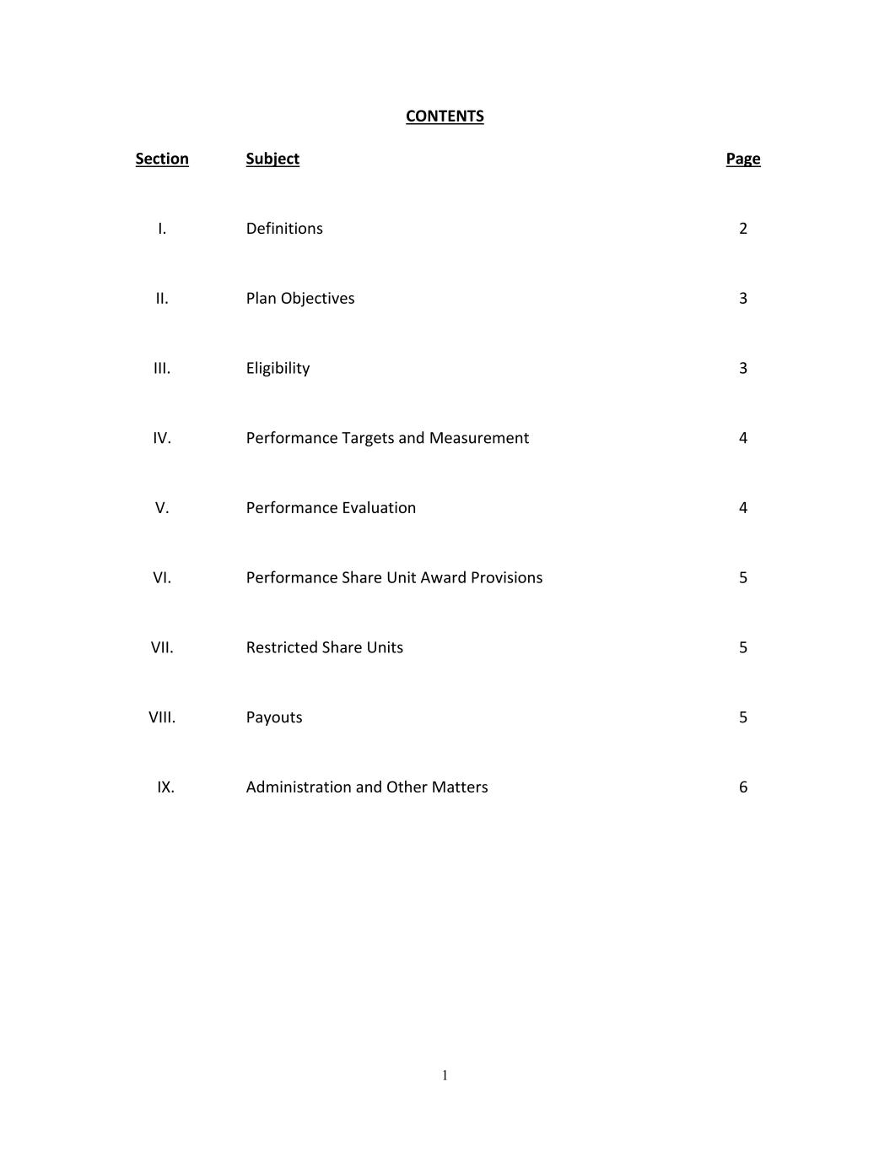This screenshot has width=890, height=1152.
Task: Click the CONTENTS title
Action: pyautogui.click(x=445, y=116)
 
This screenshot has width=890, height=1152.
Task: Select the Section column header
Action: pyautogui.click(x=162, y=159)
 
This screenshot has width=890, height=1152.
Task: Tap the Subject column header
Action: pyautogui.click(x=272, y=159)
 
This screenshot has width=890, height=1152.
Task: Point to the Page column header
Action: pyautogui.click(x=742, y=159)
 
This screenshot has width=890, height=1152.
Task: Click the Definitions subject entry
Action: pyautogui.click(x=284, y=229)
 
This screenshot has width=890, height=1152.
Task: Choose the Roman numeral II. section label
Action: pyautogui.click(x=162, y=299)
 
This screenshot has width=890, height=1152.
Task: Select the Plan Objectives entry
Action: pyautogui.click(x=300, y=299)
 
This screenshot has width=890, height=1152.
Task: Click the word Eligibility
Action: pyautogui.click(x=278, y=368)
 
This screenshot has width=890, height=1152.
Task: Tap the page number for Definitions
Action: pyautogui.click(x=742, y=229)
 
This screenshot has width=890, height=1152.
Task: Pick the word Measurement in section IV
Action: pyautogui.click(x=478, y=438)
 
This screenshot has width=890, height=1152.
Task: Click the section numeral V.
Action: pyautogui.click(x=162, y=508)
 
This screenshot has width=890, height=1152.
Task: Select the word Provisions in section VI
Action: pyautogui.click(x=506, y=578)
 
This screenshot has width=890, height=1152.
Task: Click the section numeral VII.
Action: pyautogui.click(x=162, y=647)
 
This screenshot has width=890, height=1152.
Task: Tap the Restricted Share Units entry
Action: pyautogui.click(x=325, y=647)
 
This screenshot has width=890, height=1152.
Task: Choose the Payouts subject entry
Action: pyautogui.click(x=274, y=717)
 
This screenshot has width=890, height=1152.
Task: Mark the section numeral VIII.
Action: pyautogui.click(x=162, y=717)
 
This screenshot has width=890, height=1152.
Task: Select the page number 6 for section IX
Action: pyautogui.click(x=742, y=787)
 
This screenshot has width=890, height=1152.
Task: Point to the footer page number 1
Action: pyautogui.click(x=445, y=1075)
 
